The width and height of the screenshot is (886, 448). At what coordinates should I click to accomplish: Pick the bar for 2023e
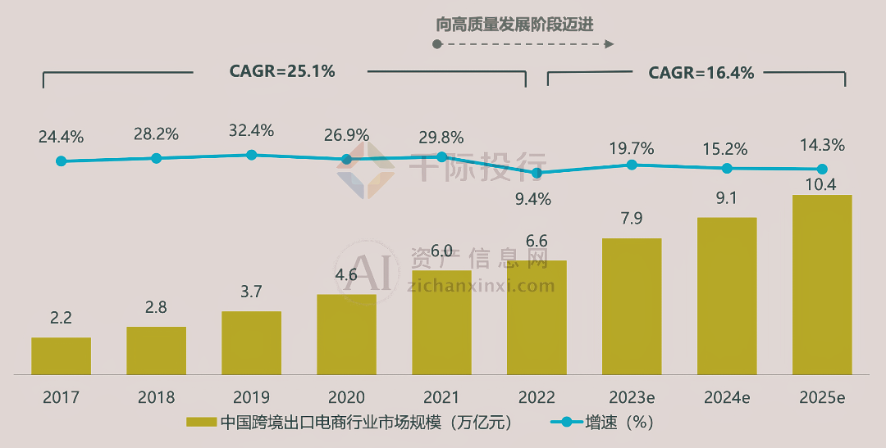[632, 306]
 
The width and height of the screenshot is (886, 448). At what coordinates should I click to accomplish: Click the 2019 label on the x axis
[251, 398]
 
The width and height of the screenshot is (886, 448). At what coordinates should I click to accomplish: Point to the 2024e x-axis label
[727, 398]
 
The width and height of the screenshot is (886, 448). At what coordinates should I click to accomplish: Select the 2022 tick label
[537, 398]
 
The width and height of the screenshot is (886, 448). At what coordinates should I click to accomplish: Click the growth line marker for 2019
[251, 155]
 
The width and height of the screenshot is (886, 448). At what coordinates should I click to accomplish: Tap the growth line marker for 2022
[537, 173]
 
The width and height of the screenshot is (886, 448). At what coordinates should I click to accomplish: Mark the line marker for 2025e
[821, 170]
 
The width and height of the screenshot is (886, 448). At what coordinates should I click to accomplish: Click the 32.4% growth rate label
[251, 130]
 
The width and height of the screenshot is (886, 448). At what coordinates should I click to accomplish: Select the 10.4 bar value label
[821, 184]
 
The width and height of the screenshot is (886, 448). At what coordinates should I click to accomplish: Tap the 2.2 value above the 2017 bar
[61, 318]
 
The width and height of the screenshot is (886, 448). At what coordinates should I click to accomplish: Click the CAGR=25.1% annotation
[281, 72]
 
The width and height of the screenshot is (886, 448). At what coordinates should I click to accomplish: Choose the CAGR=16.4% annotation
[701, 73]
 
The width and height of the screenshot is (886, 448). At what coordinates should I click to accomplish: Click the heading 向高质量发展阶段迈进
[514, 25]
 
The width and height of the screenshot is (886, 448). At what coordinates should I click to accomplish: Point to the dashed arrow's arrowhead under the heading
[610, 44]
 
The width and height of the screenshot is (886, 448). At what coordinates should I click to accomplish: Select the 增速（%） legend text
[619, 423]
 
